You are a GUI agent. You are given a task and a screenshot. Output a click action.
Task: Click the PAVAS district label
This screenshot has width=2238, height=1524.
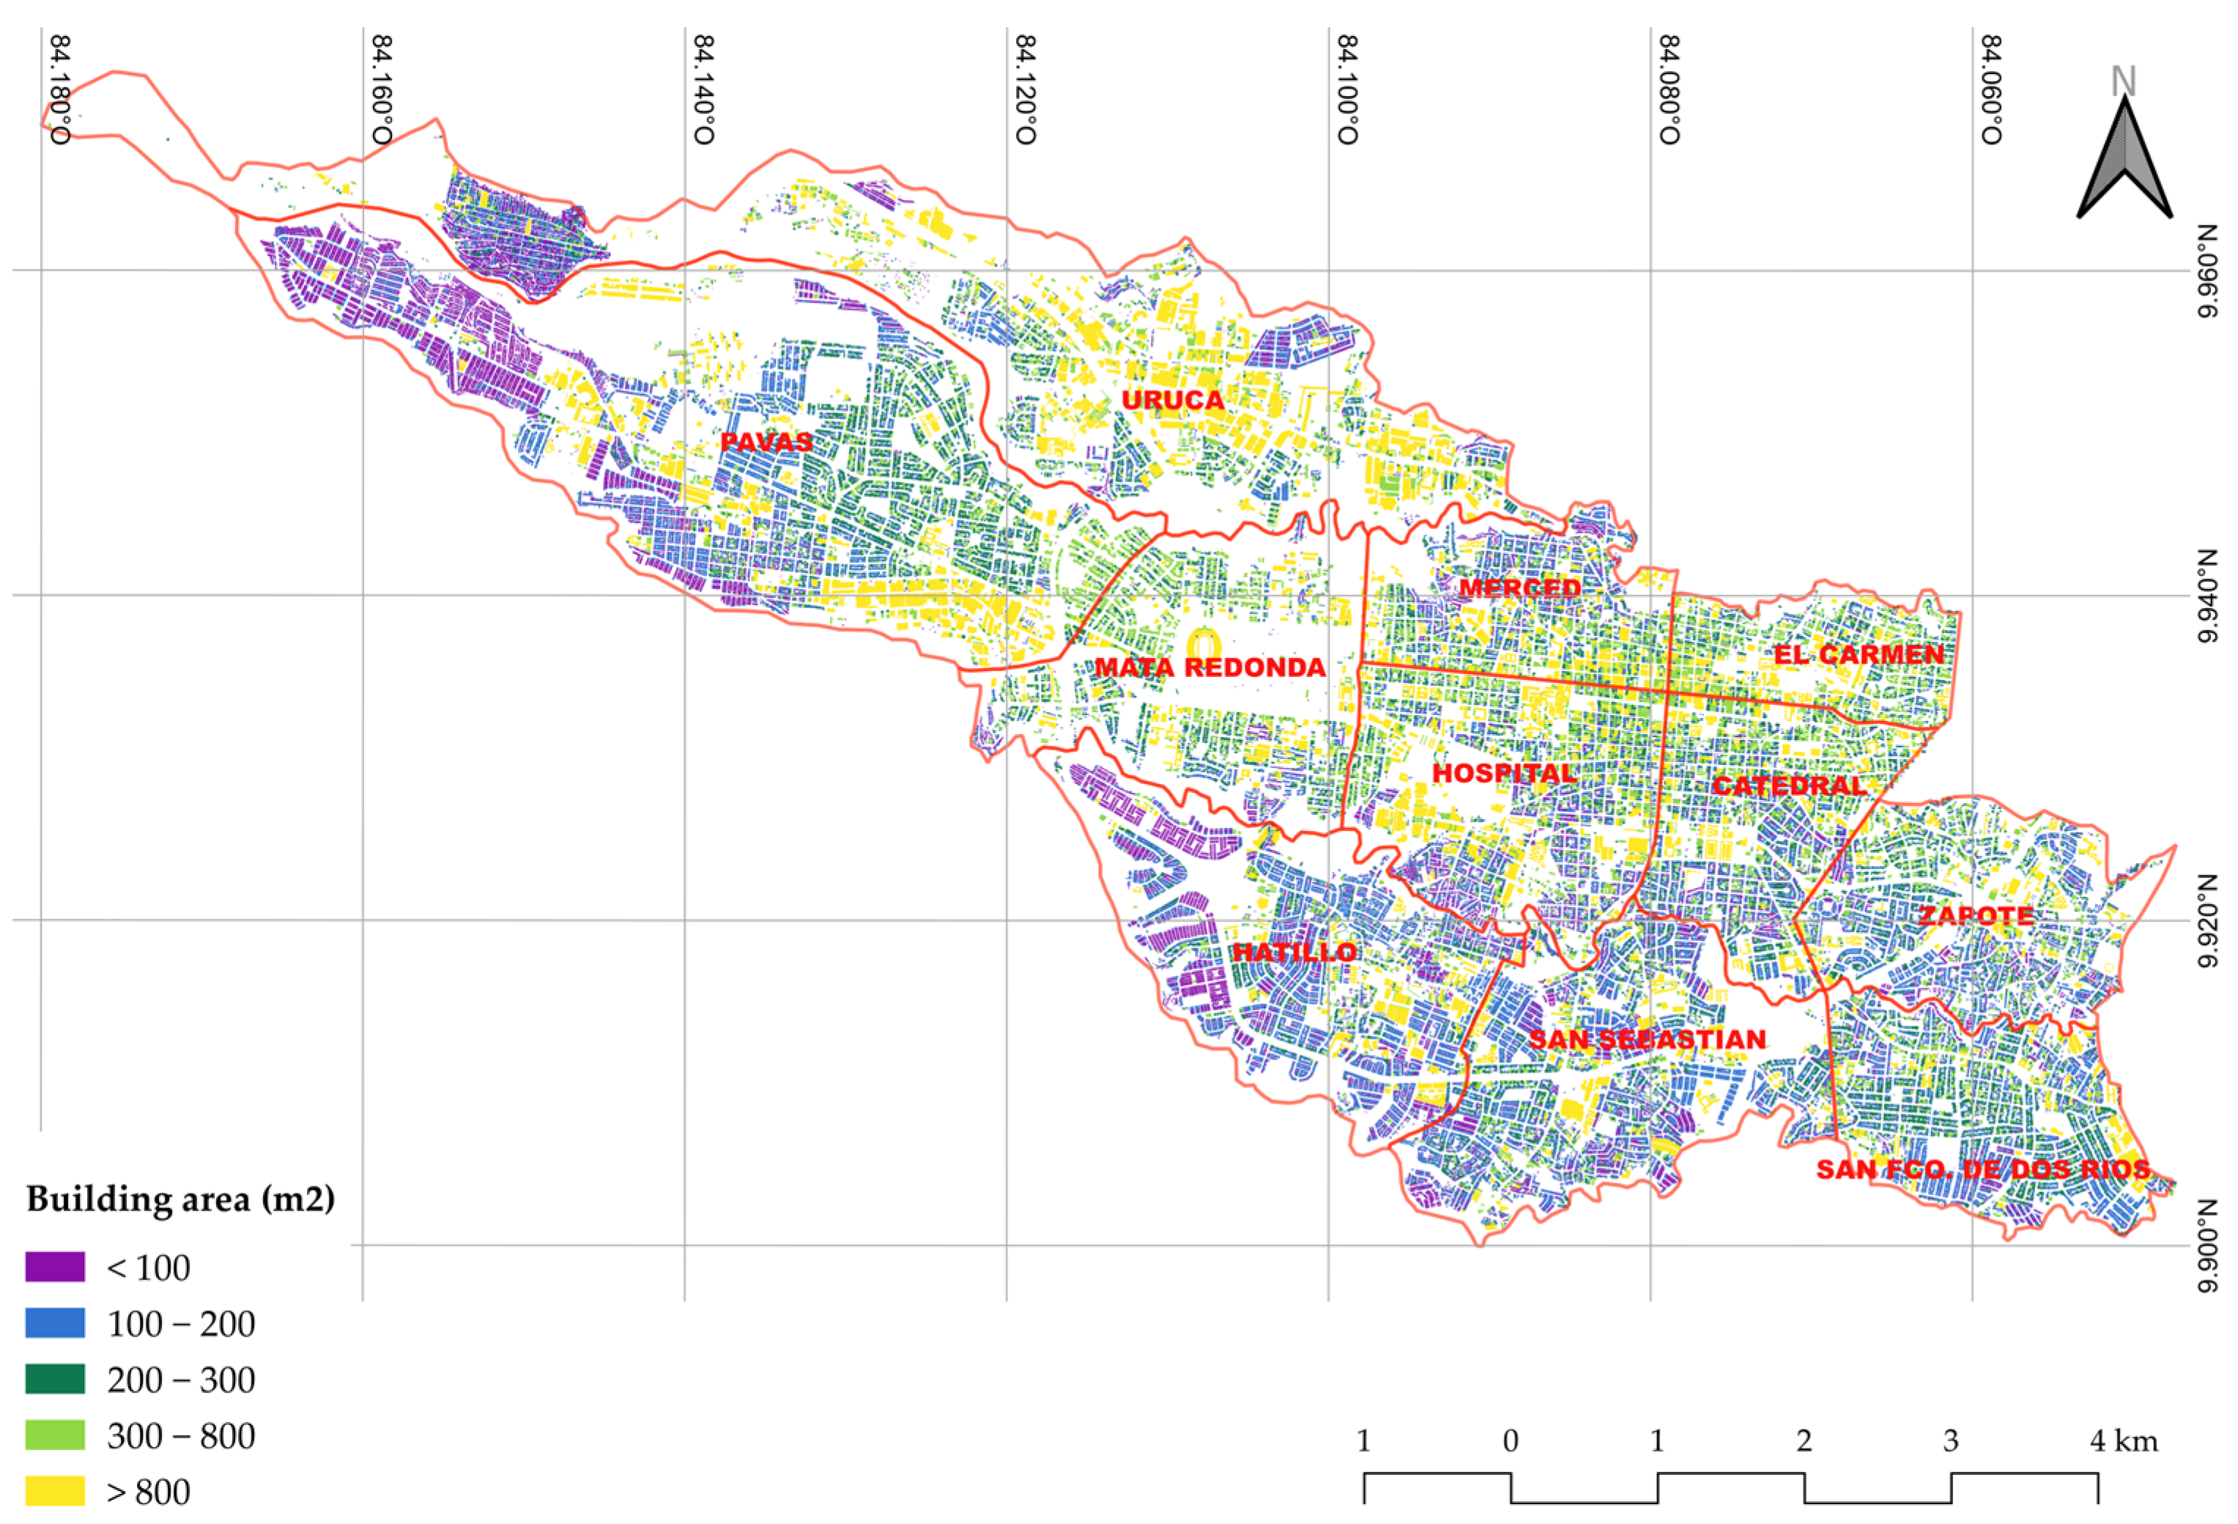766,442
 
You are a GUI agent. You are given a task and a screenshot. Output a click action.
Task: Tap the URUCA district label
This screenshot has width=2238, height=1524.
1173,400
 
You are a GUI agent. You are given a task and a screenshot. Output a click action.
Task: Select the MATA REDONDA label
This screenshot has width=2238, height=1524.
1209,667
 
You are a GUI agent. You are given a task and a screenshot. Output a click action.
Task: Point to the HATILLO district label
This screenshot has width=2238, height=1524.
1295,952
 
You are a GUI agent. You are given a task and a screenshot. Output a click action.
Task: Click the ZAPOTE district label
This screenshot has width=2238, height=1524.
1976,915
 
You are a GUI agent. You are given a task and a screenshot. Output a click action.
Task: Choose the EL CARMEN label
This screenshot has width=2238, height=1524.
1859,655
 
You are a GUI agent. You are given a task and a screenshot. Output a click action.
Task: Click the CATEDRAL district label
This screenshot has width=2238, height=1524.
1788,785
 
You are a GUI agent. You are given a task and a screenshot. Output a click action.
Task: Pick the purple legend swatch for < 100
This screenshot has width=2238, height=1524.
55,1267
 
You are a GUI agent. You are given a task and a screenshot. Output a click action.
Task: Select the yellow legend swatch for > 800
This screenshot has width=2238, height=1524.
55,1491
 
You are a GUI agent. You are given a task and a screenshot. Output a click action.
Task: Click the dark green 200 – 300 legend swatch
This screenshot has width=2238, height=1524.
55,1380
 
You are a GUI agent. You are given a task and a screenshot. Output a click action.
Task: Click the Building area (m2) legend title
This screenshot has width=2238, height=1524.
180,1199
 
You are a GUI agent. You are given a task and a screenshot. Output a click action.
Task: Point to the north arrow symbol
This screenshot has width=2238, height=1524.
2124,159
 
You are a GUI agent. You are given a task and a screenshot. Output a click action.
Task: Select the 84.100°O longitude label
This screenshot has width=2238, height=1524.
1347,89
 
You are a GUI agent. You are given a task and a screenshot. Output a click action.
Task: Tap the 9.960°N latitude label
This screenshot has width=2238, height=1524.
2206,270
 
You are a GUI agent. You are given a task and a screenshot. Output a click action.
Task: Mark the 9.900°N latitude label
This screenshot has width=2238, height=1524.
2206,1246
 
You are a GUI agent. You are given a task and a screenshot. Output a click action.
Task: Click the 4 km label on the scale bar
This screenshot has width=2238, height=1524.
2122,1442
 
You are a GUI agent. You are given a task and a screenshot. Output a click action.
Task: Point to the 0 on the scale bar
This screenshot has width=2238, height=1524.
1510,1442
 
